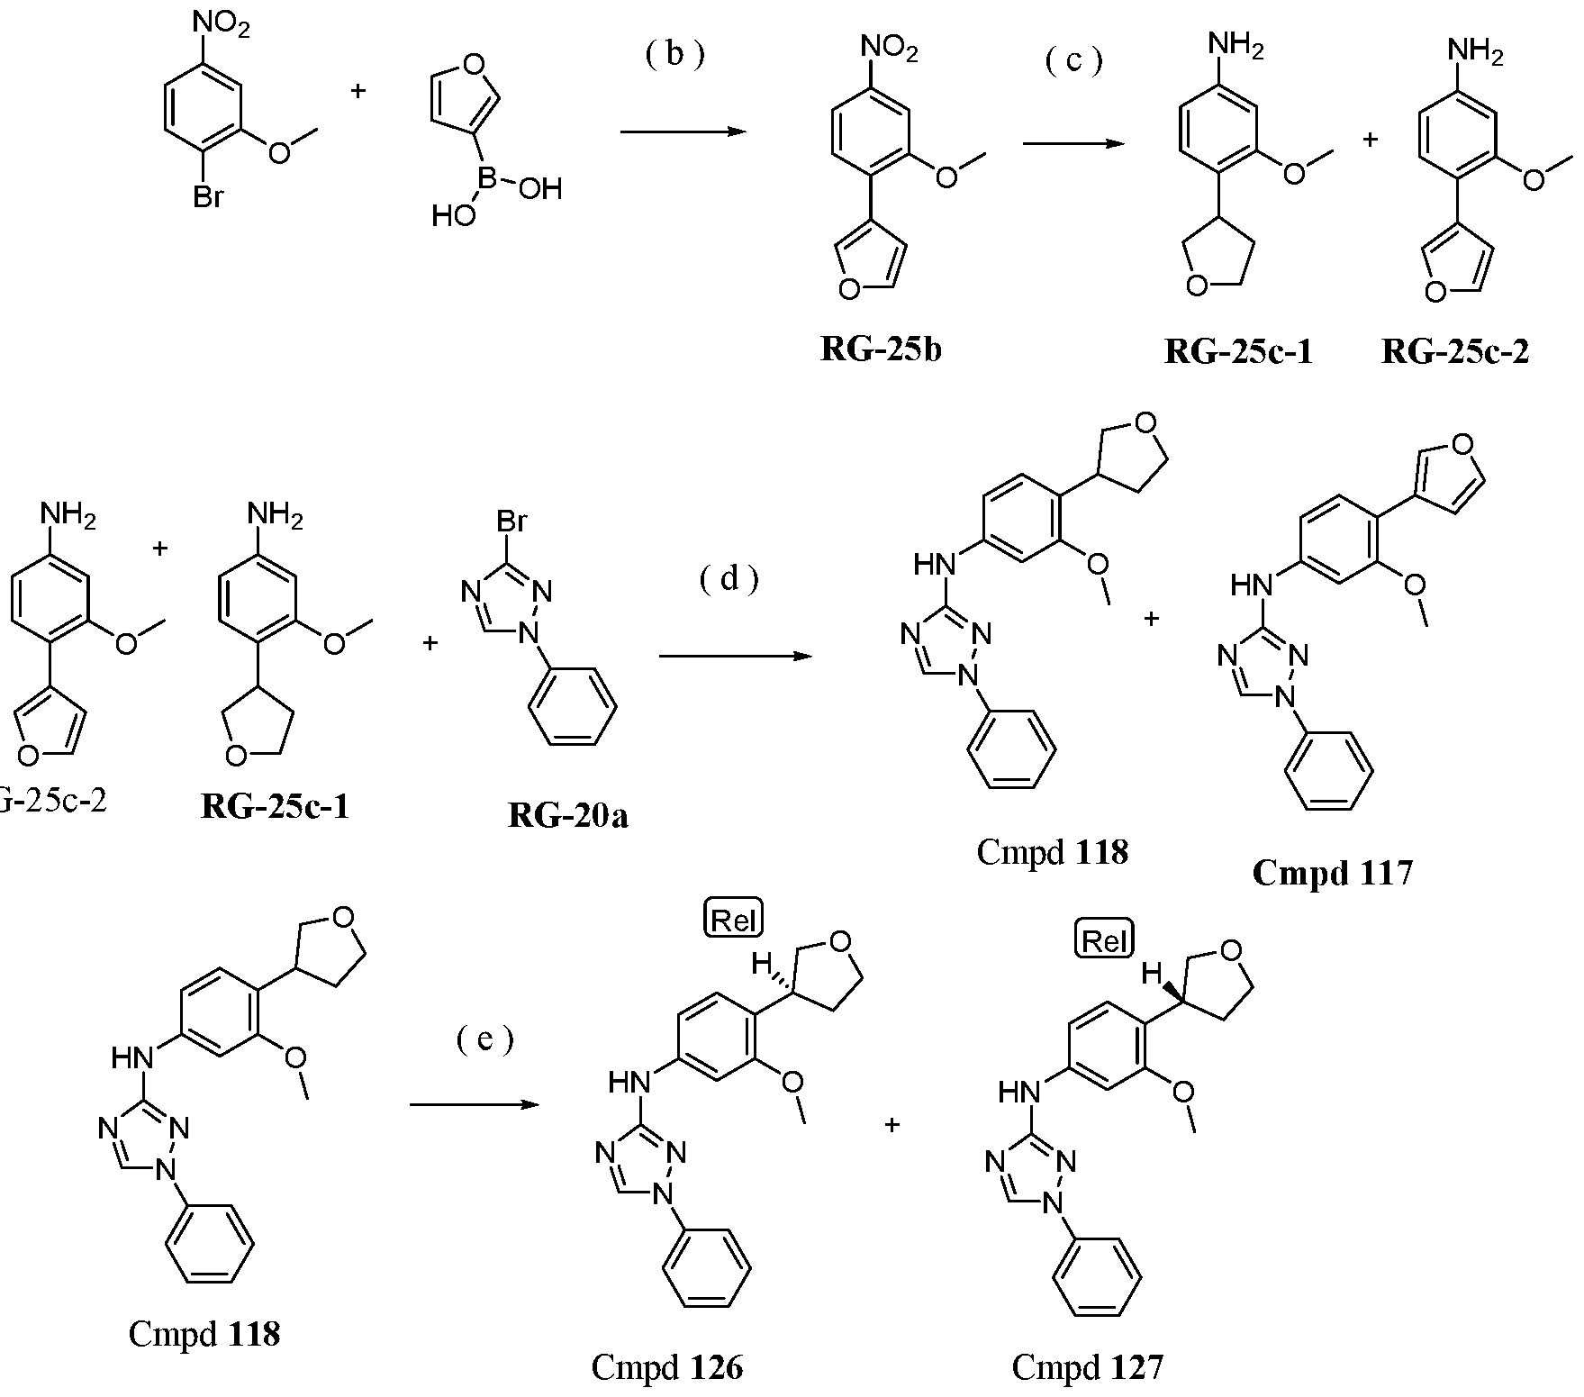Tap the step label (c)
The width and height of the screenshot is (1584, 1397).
click(1073, 60)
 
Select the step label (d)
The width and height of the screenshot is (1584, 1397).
click(729, 580)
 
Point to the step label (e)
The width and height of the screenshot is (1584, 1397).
click(484, 1040)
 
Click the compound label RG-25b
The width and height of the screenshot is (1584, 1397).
click(881, 349)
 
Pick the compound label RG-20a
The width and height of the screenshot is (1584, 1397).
click(568, 816)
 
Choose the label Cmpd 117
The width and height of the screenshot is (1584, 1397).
click(1332, 872)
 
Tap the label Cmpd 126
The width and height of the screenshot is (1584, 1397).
click(667, 1367)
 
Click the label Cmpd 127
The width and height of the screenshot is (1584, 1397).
click(1087, 1367)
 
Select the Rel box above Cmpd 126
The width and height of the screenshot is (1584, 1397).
click(732, 920)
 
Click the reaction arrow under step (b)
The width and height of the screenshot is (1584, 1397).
click(684, 132)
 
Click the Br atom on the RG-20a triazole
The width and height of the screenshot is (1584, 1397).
click(511, 521)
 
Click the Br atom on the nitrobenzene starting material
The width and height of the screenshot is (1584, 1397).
click(208, 196)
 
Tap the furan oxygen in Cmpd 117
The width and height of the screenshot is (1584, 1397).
click(1463, 443)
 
